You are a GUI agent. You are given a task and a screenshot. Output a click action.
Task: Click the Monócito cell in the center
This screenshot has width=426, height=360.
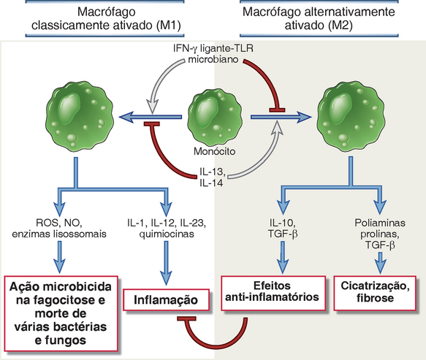pyautogui.click(x=215, y=118)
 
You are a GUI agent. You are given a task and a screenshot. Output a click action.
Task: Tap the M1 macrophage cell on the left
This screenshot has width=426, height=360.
pyautogui.click(x=80, y=117)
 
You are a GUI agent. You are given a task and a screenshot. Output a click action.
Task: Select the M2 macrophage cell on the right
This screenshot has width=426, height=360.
pyautogui.click(x=351, y=116)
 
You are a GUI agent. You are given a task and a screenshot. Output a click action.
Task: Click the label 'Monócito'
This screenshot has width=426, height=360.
pyautogui.click(x=215, y=151)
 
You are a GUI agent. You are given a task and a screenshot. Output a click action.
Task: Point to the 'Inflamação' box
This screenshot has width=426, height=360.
pyautogui.click(x=167, y=300)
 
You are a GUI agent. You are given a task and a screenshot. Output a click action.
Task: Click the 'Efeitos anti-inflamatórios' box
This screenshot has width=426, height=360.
pyautogui.click(x=273, y=293)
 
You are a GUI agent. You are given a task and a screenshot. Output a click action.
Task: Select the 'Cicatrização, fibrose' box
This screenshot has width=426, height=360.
pyautogui.click(x=375, y=293)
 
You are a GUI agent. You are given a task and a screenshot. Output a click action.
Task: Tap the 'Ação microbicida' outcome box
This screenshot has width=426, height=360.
pyautogui.click(x=61, y=313)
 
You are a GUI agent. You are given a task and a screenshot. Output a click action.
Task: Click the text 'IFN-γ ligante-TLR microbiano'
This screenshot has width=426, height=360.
pyautogui.click(x=213, y=53)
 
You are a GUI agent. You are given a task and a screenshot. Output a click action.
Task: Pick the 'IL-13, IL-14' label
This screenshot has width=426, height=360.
pyautogui.click(x=212, y=177)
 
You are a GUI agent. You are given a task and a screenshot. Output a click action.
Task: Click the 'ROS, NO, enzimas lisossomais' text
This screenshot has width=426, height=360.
pyautogui.click(x=59, y=229)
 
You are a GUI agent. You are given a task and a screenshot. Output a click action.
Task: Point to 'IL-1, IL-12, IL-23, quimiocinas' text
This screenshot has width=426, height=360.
pyautogui.click(x=167, y=229)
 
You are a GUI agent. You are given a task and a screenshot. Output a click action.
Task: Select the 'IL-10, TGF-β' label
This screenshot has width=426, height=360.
pyautogui.click(x=283, y=229)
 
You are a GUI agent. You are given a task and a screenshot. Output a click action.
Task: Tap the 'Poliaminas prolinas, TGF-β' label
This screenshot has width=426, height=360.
pyautogui.click(x=380, y=234)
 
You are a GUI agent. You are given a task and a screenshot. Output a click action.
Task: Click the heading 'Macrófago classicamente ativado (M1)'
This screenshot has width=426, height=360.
pyautogui.click(x=106, y=18)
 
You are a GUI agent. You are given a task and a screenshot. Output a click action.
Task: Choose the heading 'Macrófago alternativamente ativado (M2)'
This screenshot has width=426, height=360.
pyautogui.click(x=319, y=18)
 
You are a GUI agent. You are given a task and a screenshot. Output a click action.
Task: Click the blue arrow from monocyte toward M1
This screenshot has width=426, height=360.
pyautogui.click(x=151, y=117)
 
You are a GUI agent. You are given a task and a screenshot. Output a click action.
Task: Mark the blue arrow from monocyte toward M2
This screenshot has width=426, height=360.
pyautogui.click(x=281, y=117)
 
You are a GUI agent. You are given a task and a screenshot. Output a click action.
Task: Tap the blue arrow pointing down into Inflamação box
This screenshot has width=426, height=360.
pyautogui.click(x=167, y=263)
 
